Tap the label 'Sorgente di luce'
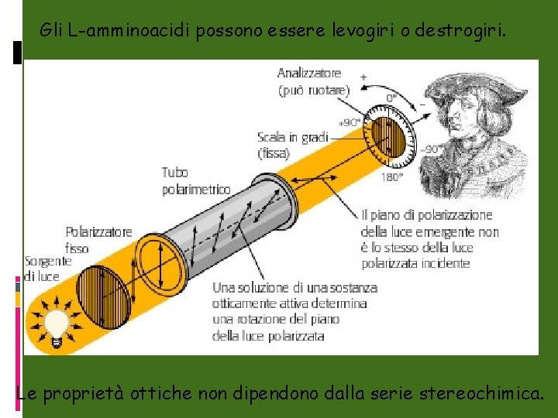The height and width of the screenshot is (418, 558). coord(47,269)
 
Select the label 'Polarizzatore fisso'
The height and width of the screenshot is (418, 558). coord(98,239)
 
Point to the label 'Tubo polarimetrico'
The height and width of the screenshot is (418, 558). coord(195,180)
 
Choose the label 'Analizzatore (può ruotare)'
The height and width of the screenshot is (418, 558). coord(313,81)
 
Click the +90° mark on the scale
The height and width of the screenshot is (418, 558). coord(350,122)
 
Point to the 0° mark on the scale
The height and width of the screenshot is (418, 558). coord(392,98)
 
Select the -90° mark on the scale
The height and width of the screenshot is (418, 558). coord(433,149)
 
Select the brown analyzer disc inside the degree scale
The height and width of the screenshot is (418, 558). coord(391,137)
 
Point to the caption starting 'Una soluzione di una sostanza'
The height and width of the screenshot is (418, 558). coord(294,311)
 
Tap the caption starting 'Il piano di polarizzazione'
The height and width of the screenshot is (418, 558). coord(429,238)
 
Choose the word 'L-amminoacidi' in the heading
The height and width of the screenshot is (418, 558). coord(129,31)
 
